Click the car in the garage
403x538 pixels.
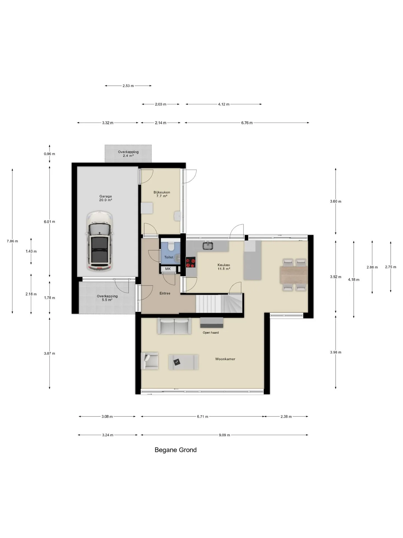(100, 241)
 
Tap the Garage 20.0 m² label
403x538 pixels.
(106, 198)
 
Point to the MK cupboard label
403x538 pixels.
(168, 269)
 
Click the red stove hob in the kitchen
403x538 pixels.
(191, 263)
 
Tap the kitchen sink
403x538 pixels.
(208, 245)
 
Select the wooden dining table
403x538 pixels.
(294, 275)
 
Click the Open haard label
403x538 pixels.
(211, 333)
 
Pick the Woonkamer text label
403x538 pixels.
(225, 359)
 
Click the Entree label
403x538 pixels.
(165, 293)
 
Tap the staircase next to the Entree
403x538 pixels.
(219, 303)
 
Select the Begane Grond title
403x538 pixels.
(176, 450)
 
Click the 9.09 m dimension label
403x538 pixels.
(224, 435)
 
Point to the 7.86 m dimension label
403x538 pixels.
(12, 241)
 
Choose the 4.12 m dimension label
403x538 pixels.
(224, 104)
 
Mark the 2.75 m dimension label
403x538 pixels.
(391, 267)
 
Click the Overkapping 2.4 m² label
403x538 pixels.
(128, 154)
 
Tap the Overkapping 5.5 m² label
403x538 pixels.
(107, 298)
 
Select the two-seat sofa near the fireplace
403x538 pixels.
(174, 326)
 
